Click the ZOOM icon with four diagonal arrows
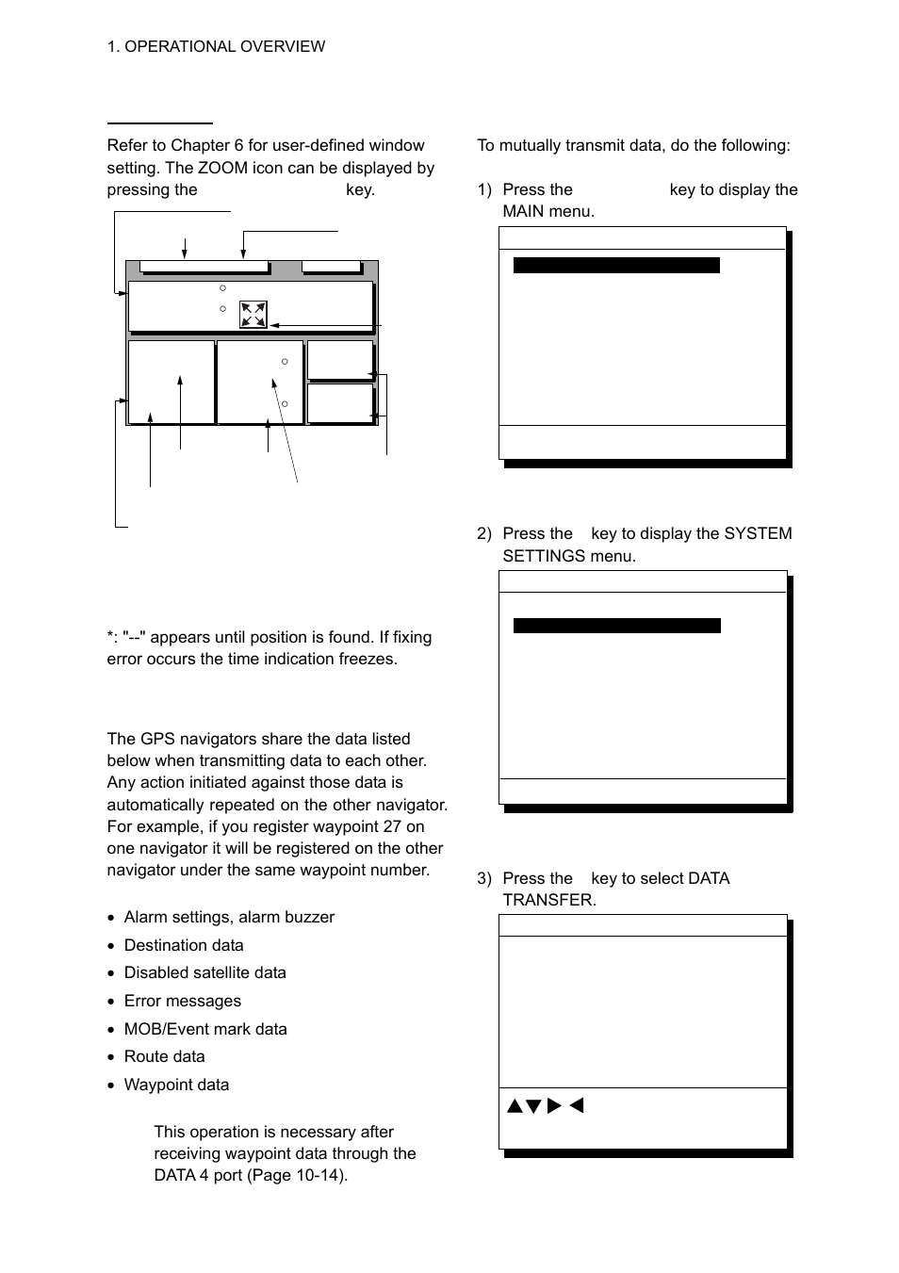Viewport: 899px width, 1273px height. coord(253,314)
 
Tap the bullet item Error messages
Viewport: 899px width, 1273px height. coord(182,1001)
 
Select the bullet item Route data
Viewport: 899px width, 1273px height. coord(164,1056)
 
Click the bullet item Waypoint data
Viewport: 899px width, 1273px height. coord(176,1085)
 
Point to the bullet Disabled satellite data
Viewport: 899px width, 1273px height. coord(204,972)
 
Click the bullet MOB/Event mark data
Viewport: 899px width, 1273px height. coord(205,1029)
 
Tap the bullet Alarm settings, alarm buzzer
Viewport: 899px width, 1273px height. coord(229,917)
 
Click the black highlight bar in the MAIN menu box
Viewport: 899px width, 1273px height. coord(616,266)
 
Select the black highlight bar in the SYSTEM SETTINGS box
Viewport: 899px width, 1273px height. coord(616,626)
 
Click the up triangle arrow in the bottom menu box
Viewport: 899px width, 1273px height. coord(515,1106)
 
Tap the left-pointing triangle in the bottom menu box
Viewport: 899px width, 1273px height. coord(577,1105)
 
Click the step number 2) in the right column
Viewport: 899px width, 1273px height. coord(484,533)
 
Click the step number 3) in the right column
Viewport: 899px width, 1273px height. coord(484,878)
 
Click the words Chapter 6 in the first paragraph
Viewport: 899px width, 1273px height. coord(206,145)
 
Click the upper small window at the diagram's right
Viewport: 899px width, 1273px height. coord(339,360)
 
